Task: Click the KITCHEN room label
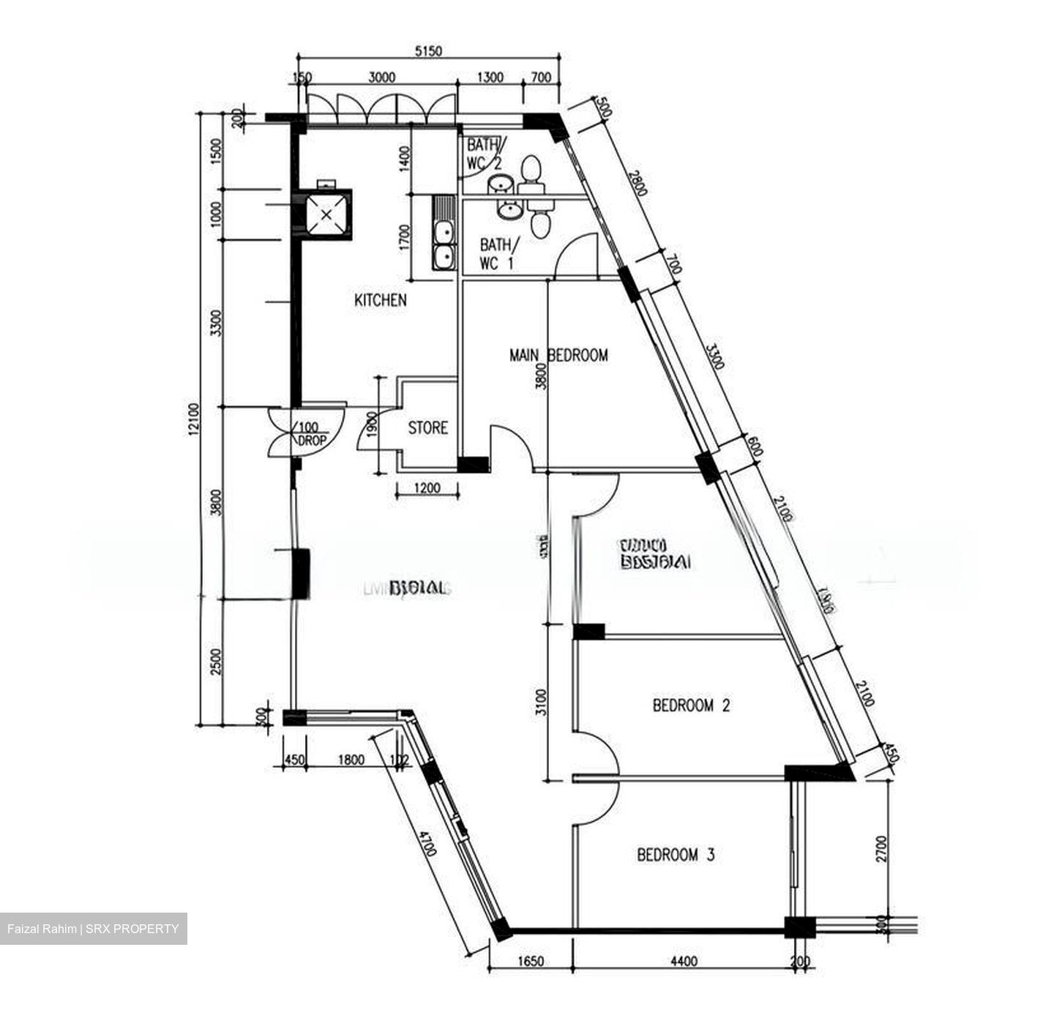point(380,300)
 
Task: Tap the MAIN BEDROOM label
point(558,356)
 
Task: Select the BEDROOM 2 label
point(691,706)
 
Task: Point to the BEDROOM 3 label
point(676,855)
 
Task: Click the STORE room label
point(427,428)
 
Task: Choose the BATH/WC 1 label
point(500,254)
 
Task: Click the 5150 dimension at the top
point(429,51)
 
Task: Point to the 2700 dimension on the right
point(881,849)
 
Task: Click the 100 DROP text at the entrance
point(311,435)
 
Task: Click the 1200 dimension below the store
point(427,487)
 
